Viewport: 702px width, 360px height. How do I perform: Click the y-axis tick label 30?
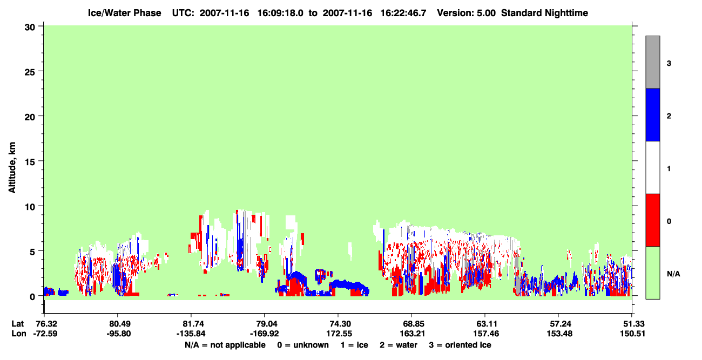tap(30, 28)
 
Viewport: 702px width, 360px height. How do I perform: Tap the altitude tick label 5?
tap(32, 252)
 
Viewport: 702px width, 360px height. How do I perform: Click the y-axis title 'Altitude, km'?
tap(12, 168)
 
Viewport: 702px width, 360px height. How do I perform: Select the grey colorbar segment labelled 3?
tap(652, 62)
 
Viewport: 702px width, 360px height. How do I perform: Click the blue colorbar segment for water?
tap(652, 114)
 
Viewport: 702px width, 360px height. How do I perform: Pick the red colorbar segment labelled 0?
tap(652, 220)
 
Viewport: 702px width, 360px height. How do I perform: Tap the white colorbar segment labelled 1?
tap(652, 167)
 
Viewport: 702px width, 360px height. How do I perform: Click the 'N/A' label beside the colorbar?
tap(673, 274)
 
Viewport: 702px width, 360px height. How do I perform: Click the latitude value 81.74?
tap(191, 324)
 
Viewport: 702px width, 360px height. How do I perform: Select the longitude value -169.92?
tap(264, 334)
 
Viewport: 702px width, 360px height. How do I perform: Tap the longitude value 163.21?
tap(412, 334)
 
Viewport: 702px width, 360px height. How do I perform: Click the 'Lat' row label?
tap(18, 324)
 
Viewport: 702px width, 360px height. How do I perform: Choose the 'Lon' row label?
tap(19, 334)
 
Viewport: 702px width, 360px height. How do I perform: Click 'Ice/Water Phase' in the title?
tap(124, 13)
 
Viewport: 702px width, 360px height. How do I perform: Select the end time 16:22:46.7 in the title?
tap(403, 13)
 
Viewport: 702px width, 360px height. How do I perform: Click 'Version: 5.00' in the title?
tap(467, 13)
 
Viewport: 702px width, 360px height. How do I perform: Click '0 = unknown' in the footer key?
tap(303, 345)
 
